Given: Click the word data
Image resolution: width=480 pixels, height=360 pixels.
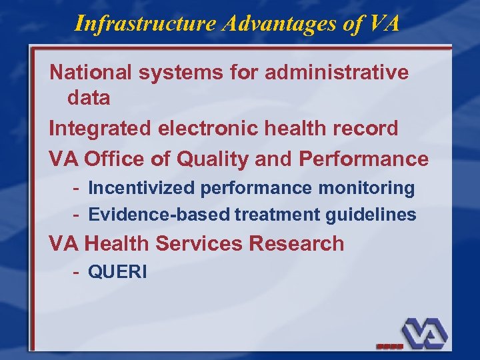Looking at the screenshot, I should [x=89, y=98].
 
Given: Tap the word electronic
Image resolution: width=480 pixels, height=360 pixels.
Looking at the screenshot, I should [x=207, y=128].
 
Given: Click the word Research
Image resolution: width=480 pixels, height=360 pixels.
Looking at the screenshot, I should [x=297, y=243].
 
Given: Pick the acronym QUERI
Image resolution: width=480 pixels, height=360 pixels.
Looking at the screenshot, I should [x=117, y=273].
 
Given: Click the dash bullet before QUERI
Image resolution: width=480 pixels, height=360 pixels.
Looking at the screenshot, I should [x=78, y=273].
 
